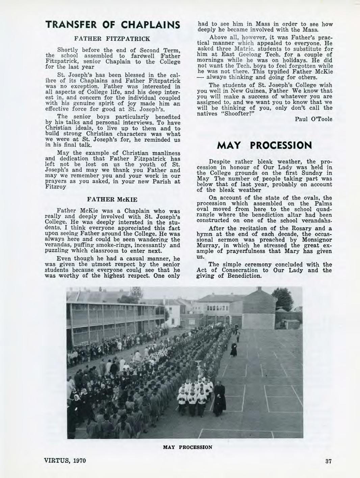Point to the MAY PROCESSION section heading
tap(264, 145)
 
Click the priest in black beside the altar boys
tap(220, 399)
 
